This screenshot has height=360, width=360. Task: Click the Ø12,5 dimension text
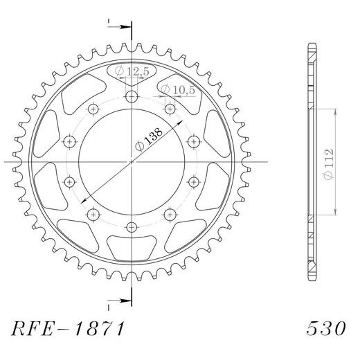pos(129,72)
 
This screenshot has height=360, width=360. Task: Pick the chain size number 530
pos(325,325)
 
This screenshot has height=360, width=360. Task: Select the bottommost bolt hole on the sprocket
pos(132,226)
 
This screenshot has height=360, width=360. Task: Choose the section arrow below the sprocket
pos(122,300)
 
